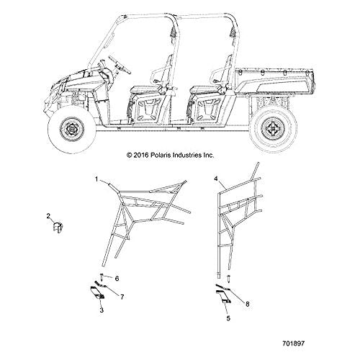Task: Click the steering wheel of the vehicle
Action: click(x=120, y=64)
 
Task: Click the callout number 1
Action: click(x=96, y=179)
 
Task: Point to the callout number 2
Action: click(x=48, y=216)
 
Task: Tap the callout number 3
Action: click(x=102, y=310)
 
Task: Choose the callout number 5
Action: click(x=228, y=318)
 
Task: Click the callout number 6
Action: click(x=117, y=279)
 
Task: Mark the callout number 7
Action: click(x=122, y=297)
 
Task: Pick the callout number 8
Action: click(x=248, y=304)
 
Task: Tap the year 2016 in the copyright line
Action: click(x=141, y=155)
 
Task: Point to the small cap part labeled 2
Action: click(x=58, y=227)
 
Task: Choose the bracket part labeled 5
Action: click(x=223, y=297)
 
